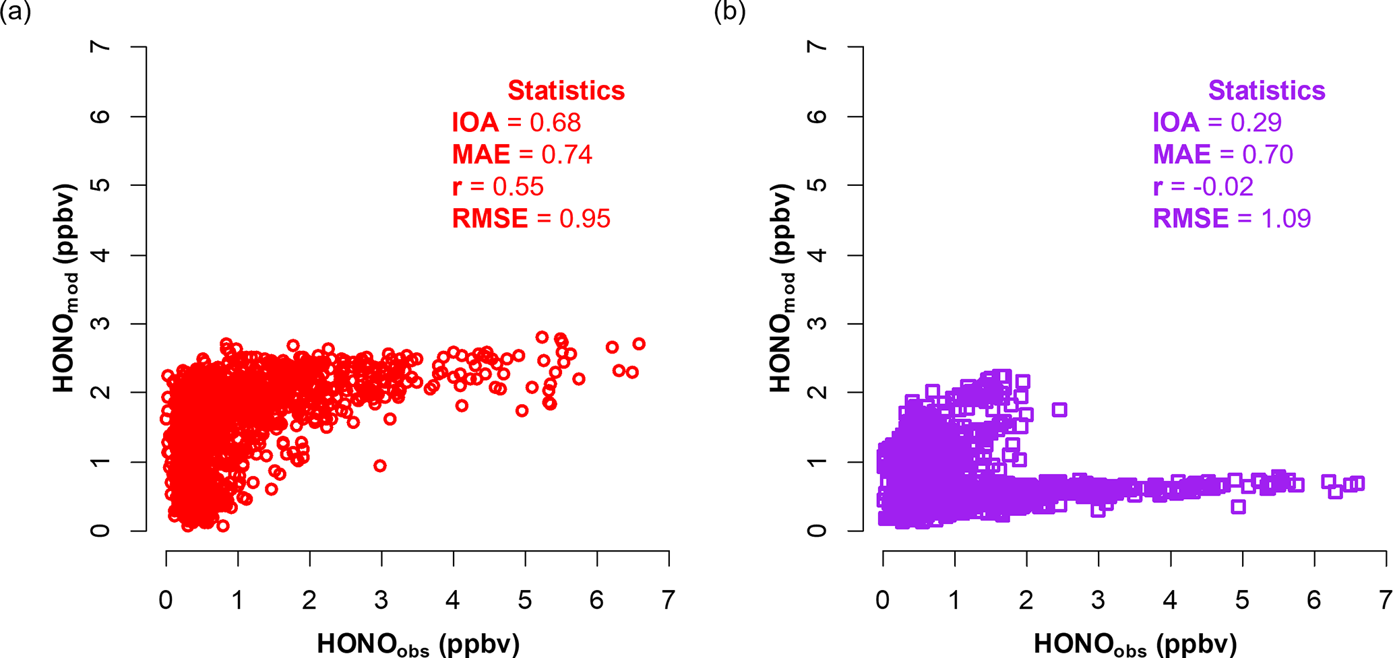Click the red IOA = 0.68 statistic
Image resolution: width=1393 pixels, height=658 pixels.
(x=516, y=123)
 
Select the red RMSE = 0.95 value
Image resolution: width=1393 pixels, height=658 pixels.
(x=531, y=219)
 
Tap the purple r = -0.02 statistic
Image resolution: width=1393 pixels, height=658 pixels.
(x=1203, y=187)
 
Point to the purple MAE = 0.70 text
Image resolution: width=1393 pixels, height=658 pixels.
(x=1222, y=155)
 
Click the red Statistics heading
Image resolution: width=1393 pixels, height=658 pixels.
(x=566, y=90)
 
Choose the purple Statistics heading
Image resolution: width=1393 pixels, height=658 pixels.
(x=1266, y=90)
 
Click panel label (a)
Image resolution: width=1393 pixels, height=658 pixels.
(x=16, y=12)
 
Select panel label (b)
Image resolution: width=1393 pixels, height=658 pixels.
(x=730, y=12)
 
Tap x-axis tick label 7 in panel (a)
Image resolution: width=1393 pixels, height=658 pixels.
(x=668, y=600)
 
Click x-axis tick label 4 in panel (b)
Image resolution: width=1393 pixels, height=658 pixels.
(x=1170, y=600)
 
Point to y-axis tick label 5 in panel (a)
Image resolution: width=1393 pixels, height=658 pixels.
(x=100, y=185)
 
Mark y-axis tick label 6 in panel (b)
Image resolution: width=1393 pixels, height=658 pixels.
(x=817, y=116)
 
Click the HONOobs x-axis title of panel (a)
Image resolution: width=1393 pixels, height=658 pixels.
(x=418, y=644)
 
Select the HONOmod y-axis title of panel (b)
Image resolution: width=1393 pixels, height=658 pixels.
(x=782, y=288)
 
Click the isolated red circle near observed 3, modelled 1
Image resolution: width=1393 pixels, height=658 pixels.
(x=380, y=465)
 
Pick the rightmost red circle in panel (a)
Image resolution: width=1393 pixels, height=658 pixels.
(x=639, y=344)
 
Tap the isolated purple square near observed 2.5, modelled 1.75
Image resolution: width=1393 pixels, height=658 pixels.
(x=1059, y=409)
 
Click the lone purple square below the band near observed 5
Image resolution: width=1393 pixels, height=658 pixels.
(x=1238, y=507)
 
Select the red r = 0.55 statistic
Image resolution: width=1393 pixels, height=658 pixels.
(x=497, y=187)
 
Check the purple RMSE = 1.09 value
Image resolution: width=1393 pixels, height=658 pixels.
(x=1231, y=219)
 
